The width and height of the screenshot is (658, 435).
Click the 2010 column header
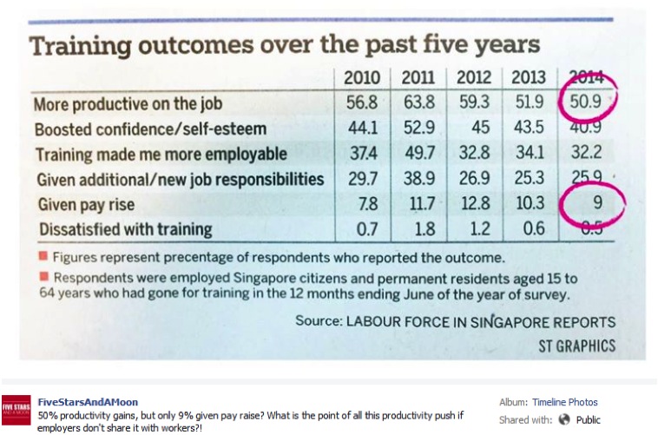[362, 77]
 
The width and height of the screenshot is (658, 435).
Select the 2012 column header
[475, 77]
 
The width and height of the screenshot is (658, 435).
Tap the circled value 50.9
[586, 103]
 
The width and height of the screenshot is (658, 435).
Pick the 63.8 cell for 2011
[418, 103]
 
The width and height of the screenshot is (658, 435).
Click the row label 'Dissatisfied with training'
[122, 230]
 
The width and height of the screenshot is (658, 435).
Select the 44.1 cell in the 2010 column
[362, 129]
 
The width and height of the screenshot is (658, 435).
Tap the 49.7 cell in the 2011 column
[418, 155]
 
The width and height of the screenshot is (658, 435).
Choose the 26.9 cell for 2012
[475, 180]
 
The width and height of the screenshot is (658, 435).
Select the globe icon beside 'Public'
[563, 419]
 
